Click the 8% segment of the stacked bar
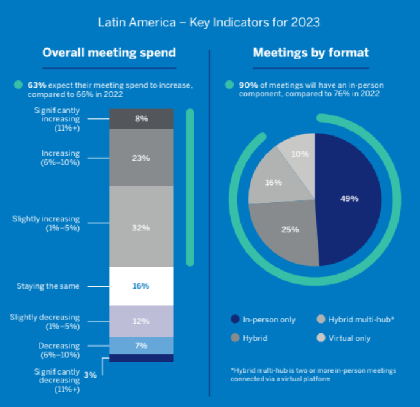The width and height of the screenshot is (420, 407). pyautogui.click(x=142, y=119)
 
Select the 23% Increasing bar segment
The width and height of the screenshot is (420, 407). pyautogui.click(x=142, y=157)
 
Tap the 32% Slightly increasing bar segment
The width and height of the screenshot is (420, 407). pyautogui.click(x=142, y=227)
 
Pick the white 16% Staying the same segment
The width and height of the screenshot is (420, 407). pyautogui.click(x=142, y=286)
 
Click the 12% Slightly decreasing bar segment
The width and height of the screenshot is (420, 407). pyautogui.click(x=142, y=321)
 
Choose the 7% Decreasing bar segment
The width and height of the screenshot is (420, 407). pyautogui.click(x=142, y=346)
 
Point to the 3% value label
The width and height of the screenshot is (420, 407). pyautogui.click(x=90, y=375)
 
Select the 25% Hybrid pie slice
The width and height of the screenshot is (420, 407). pyautogui.click(x=288, y=230)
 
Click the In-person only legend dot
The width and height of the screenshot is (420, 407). pyautogui.click(x=235, y=319)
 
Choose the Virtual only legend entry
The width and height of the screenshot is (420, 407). pyautogui.click(x=345, y=338)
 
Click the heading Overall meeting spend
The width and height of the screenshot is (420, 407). pyautogui.click(x=109, y=53)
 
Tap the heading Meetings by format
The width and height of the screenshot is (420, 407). pyautogui.click(x=311, y=53)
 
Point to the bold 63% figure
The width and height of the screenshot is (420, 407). pyautogui.click(x=37, y=85)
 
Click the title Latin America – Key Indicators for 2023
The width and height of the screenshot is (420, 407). pyautogui.click(x=209, y=23)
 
